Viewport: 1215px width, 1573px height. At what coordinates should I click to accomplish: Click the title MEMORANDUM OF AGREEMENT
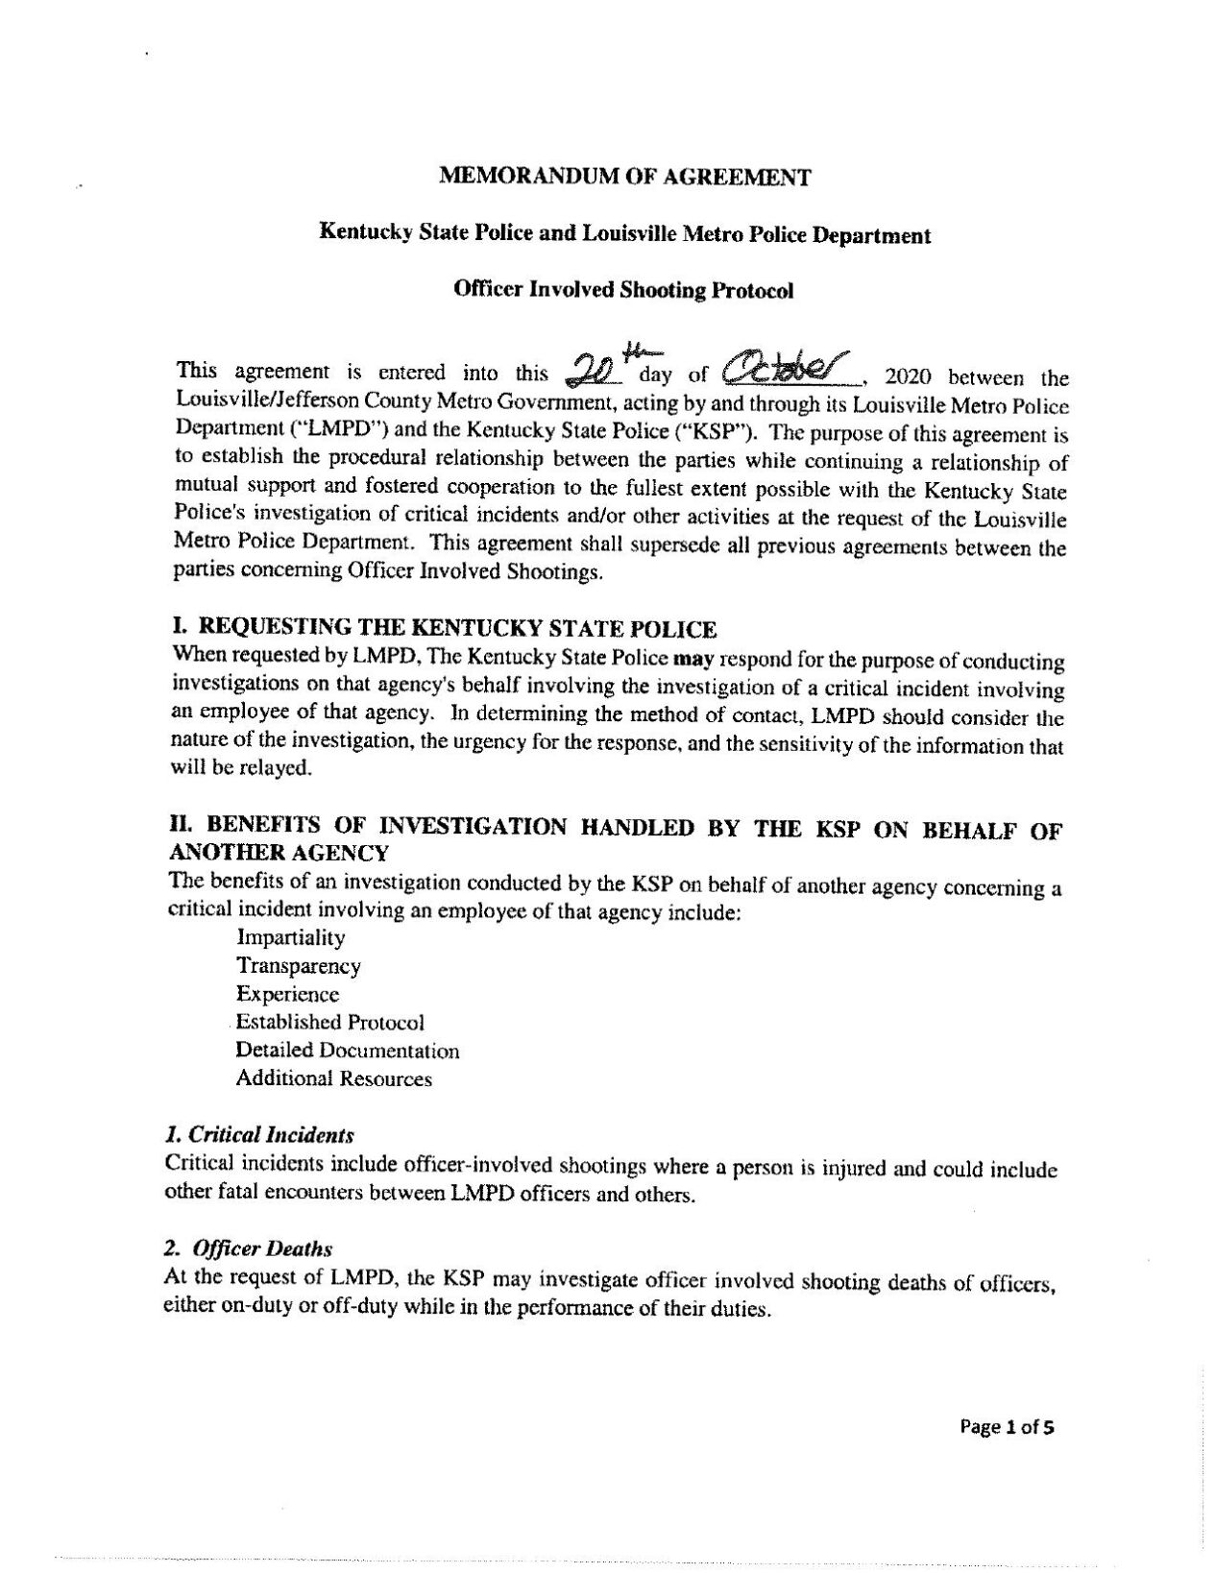(x=624, y=177)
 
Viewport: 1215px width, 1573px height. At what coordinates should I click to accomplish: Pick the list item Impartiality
(x=291, y=937)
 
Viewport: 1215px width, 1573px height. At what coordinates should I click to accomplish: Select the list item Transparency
(x=299, y=966)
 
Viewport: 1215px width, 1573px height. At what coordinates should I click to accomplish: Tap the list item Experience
(x=288, y=994)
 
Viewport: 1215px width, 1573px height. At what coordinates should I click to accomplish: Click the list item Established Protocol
(x=330, y=1022)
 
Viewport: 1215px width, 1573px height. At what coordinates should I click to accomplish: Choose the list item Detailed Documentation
(x=348, y=1051)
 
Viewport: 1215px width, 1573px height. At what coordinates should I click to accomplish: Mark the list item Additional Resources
(x=334, y=1078)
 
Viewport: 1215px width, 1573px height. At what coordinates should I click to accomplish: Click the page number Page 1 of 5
(x=1008, y=1427)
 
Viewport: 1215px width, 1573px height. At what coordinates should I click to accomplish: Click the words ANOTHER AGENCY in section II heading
(x=279, y=853)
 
